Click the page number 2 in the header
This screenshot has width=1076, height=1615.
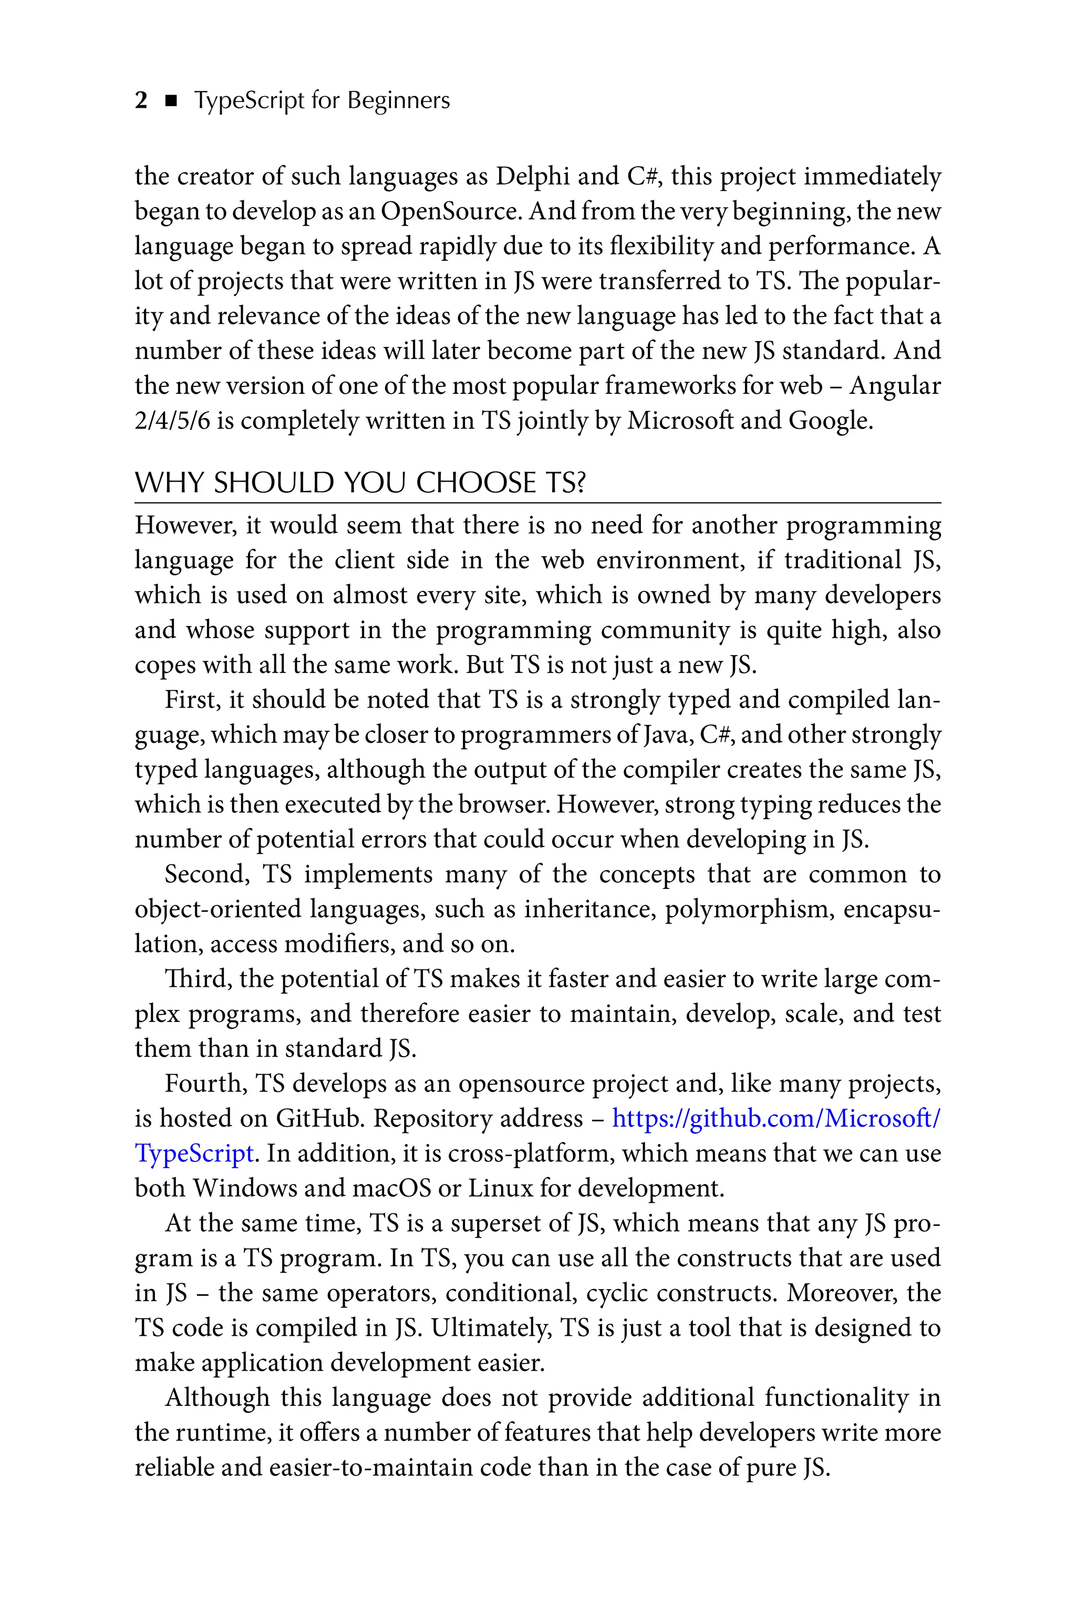[141, 101]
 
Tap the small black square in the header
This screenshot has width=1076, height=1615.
[172, 101]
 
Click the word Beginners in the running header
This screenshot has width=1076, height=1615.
[398, 101]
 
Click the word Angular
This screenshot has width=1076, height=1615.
[895, 386]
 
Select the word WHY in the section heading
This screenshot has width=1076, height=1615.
[169, 484]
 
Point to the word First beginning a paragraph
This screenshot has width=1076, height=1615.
[192, 700]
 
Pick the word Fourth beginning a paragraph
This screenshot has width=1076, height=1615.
[206, 1084]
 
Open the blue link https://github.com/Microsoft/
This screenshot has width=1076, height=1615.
[775, 1119]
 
